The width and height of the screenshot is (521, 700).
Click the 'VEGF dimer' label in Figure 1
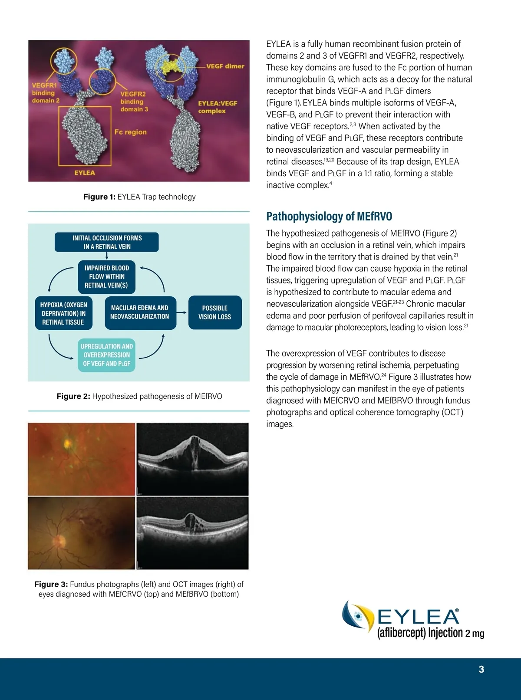[x=225, y=66]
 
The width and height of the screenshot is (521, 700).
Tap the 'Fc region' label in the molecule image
[x=130, y=132]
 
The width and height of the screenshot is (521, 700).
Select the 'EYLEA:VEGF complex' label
[x=218, y=107]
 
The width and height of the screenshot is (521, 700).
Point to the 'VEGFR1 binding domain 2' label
[x=45, y=93]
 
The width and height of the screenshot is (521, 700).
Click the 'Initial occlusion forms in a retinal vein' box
[x=107, y=242]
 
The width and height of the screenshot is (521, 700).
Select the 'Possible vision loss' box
[x=214, y=312]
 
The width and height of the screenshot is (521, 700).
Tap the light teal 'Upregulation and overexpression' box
[x=107, y=355]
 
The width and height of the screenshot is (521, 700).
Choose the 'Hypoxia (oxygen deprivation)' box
[x=63, y=313]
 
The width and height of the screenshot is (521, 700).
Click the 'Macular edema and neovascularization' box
[x=139, y=312]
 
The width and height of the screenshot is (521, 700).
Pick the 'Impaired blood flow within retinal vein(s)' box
[x=107, y=277]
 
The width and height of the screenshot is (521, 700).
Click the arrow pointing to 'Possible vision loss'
[x=182, y=312]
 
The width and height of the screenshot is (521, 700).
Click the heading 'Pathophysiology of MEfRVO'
[x=329, y=216]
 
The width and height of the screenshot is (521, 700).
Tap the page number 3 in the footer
[x=481, y=669]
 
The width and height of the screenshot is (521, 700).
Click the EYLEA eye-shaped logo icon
[x=358, y=616]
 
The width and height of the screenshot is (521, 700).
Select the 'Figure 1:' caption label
[x=99, y=197]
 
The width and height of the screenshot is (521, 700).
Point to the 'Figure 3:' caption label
[x=51, y=584]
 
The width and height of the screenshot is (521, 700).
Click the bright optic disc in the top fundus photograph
[x=67, y=444]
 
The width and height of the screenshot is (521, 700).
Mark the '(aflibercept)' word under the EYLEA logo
[x=401, y=633]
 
